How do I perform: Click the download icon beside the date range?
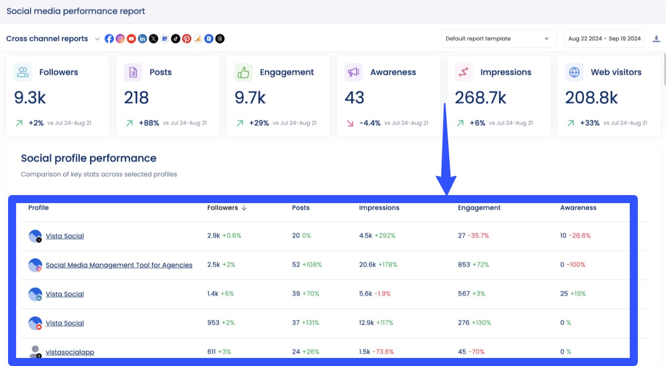(656, 39)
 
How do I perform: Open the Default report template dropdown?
(498, 39)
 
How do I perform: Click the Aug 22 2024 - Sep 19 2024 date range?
(604, 39)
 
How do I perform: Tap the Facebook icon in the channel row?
(109, 39)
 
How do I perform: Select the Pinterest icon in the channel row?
(187, 39)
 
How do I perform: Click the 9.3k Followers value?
(30, 98)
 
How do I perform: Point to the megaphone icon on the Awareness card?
(354, 72)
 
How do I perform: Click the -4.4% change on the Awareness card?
(370, 123)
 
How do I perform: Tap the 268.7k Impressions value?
(480, 98)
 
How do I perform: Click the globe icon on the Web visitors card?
(574, 72)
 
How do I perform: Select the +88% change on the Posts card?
(149, 123)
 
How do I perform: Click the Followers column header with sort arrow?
(227, 208)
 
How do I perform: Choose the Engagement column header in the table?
(479, 208)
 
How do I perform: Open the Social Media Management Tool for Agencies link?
(119, 265)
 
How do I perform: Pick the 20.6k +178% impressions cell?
(378, 265)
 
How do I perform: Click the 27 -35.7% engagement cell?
(473, 236)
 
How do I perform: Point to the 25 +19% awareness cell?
(573, 294)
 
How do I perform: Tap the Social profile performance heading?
(89, 158)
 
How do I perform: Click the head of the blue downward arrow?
(446, 186)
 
